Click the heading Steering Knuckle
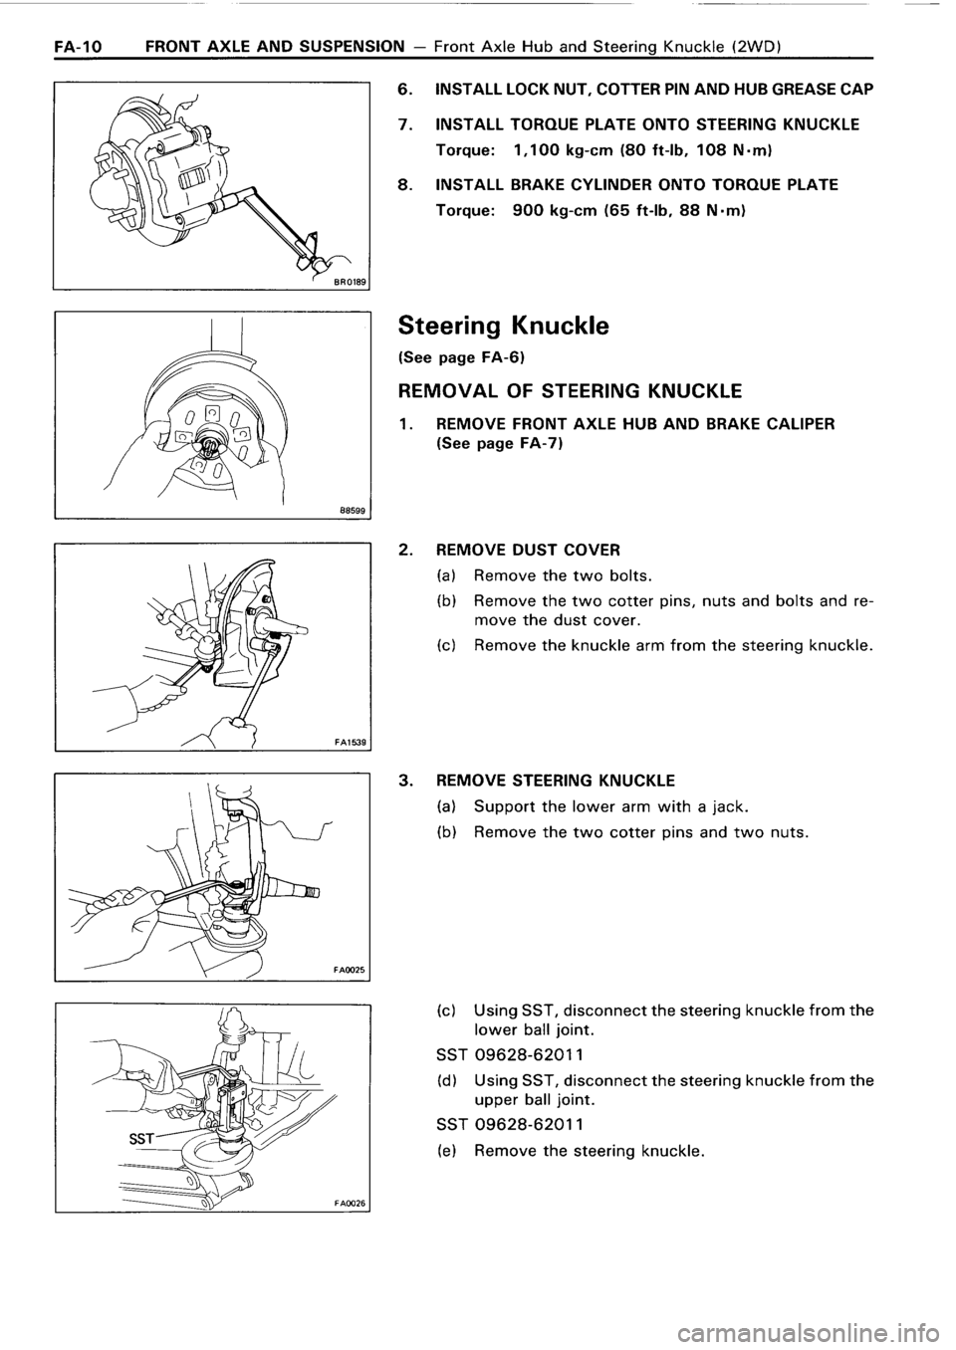[x=488, y=326]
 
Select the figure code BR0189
[x=350, y=282]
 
